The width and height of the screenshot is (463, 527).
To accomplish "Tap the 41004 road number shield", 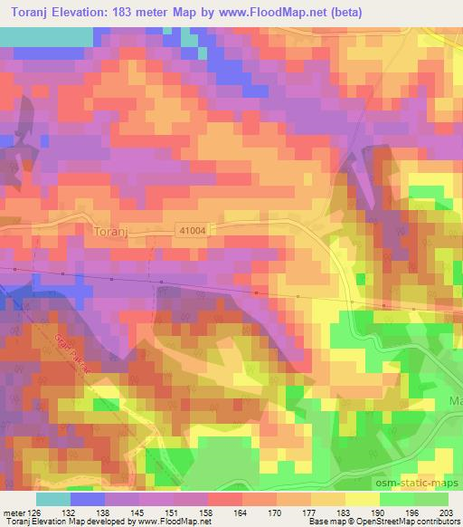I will (x=192, y=232).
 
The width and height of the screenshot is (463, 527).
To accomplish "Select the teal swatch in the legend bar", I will (x=53, y=499).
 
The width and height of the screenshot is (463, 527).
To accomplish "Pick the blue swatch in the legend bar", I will (x=88, y=499).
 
